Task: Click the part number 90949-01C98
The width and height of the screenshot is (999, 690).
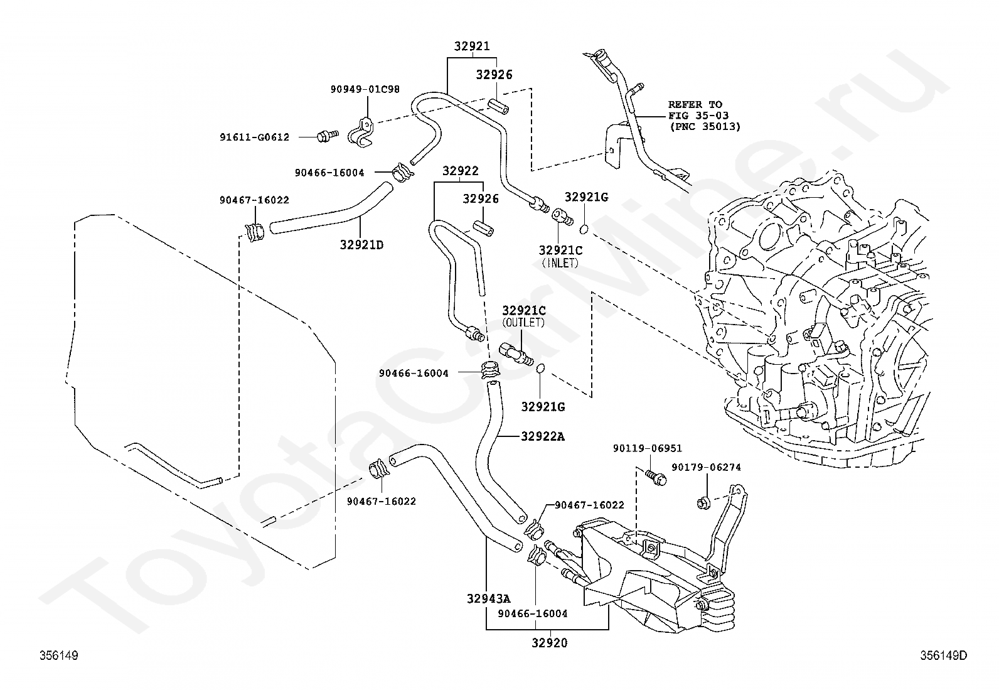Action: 365,89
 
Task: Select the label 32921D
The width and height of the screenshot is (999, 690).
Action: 361,245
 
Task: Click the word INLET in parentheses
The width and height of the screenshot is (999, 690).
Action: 560,263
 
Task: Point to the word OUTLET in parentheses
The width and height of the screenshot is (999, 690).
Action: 523,322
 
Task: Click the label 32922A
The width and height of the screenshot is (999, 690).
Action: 543,436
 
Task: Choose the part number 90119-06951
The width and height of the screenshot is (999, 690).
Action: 648,448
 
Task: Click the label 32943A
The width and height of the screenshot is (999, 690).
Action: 488,598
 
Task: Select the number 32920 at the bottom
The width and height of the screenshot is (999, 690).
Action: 550,643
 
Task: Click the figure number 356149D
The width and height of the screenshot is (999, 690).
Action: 944,655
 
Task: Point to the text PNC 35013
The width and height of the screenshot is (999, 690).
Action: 705,127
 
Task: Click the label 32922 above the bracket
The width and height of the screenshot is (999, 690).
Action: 460,171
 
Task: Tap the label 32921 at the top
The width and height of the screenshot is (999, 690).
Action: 472,46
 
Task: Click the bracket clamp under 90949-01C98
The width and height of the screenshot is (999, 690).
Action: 361,132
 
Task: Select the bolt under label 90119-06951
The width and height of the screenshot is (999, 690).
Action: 655,477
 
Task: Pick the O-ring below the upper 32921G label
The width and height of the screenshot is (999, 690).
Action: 584,229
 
